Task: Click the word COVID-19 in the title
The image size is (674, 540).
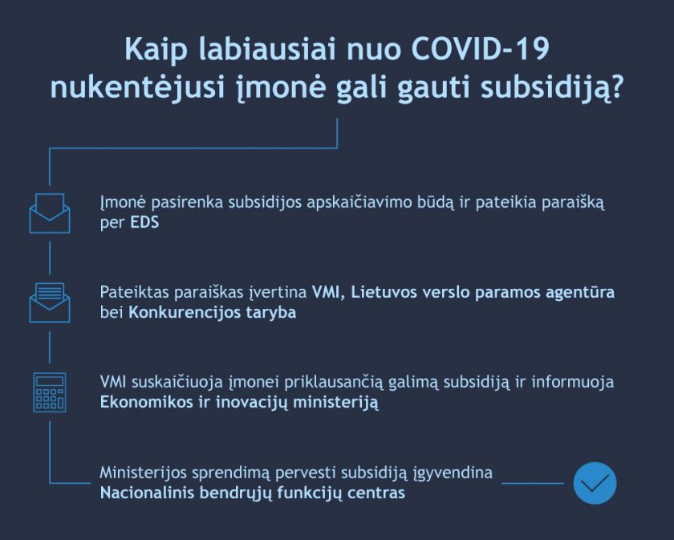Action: pyautogui.click(x=480, y=50)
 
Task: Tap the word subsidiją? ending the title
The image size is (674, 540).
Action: pyautogui.click(x=552, y=88)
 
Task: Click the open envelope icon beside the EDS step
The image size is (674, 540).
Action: pyautogui.click(x=50, y=213)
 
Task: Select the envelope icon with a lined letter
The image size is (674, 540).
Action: pyautogui.click(x=50, y=302)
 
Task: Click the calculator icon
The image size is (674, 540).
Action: pyautogui.click(x=50, y=392)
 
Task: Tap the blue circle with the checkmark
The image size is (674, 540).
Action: pyautogui.click(x=595, y=483)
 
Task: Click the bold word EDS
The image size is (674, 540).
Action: pyautogui.click(x=145, y=222)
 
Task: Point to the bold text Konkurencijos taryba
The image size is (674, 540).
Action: pyautogui.click(x=213, y=312)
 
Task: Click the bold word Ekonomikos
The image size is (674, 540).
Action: pyautogui.click(x=147, y=402)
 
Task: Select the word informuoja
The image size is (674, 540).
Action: pyautogui.click(x=573, y=382)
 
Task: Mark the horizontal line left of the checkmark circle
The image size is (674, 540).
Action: pyautogui.click(x=533, y=483)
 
